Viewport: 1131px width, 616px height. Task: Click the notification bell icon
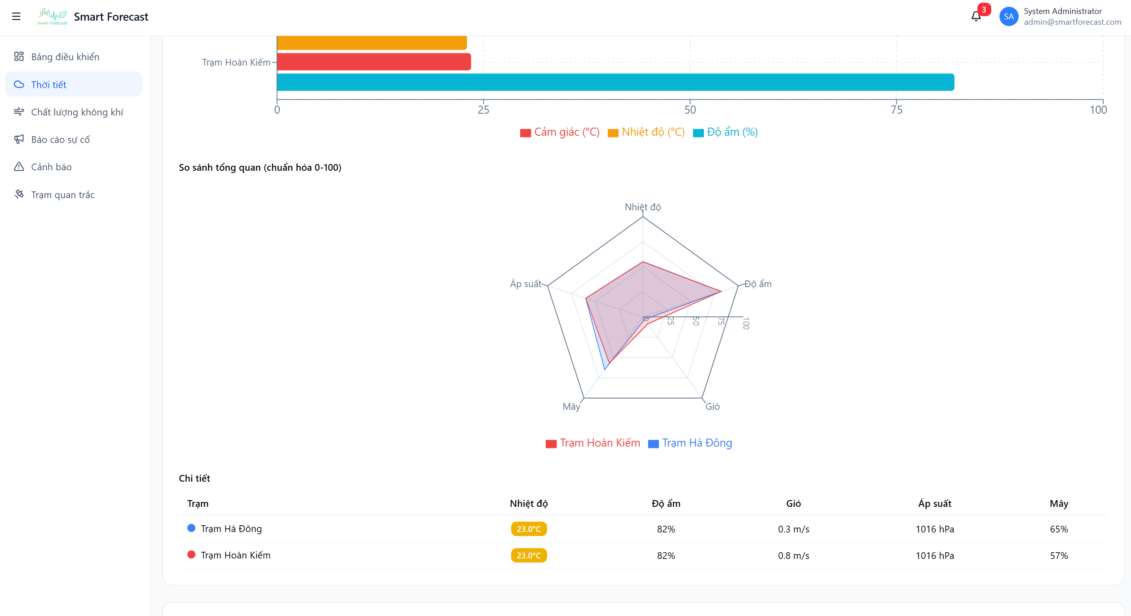pyautogui.click(x=976, y=17)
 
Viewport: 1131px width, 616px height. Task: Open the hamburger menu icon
pyautogui.click(x=16, y=17)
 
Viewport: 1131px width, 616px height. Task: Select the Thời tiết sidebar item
pyautogui.click(x=49, y=84)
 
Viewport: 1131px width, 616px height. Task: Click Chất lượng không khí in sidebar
pyautogui.click(x=77, y=112)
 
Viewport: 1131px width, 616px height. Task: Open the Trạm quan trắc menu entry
pyautogui.click(x=62, y=195)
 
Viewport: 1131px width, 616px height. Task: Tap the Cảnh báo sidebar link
pyautogui.click(x=51, y=167)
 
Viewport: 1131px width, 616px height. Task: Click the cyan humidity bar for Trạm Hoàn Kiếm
pyautogui.click(x=615, y=82)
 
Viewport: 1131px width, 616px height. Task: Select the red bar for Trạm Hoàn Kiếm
pyautogui.click(x=374, y=62)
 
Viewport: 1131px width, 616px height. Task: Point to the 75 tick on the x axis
pyautogui.click(x=896, y=110)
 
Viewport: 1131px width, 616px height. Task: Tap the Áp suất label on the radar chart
pyautogui.click(x=525, y=284)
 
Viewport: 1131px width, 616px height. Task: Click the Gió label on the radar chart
pyautogui.click(x=712, y=407)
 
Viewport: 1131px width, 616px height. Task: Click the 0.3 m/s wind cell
pyautogui.click(x=793, y=529)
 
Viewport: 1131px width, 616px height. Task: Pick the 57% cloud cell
pyautogui.click(x=1058, y=555)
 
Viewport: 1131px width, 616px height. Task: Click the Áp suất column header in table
pyautogui.click(x=934, y=504)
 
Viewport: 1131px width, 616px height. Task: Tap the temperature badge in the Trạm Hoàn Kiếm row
pyautogui.click(x=529, y=555)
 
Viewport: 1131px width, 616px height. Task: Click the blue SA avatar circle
pyautogui.click(x=1008, y=17)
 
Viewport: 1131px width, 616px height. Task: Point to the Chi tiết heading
pyautogui.click(x=194, y=478)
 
